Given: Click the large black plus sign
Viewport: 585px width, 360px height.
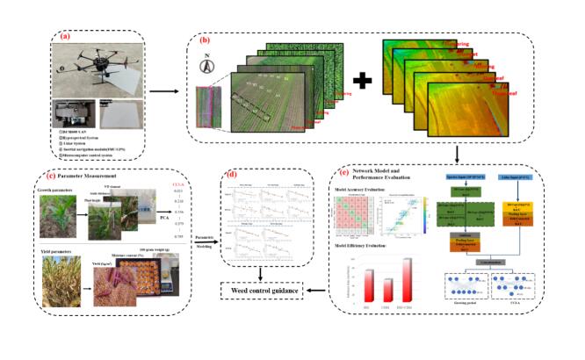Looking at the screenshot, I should coord(362,87).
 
